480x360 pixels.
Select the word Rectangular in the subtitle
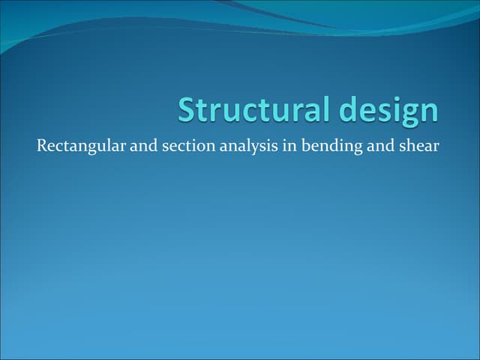(x=82, y=145)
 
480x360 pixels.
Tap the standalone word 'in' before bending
(x=289, y=145)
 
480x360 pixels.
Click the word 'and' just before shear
(x=379, y=145)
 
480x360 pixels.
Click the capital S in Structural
(x=187, y=110)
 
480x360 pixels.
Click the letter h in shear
(x=409, y=145)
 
